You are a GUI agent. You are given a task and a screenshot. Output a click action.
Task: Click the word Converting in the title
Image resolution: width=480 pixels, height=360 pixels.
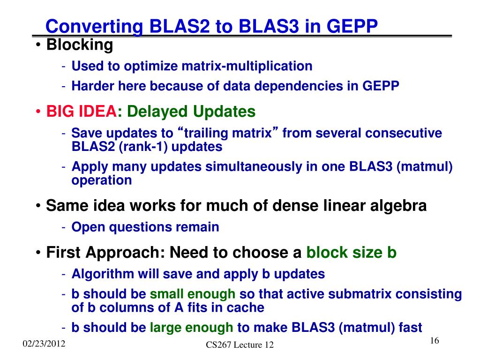coord(94,27)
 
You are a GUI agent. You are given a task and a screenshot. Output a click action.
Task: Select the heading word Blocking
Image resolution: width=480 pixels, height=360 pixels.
coord(80,45)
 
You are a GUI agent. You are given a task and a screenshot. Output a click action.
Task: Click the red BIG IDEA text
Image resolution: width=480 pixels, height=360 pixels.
coord(82,111)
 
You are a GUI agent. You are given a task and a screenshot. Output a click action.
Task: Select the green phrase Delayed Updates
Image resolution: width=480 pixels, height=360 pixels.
coord(191,112)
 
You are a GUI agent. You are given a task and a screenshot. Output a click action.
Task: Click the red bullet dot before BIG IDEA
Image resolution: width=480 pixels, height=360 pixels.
coord(38,112)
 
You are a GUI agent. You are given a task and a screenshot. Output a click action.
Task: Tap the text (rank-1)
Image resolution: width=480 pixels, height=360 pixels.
coord(143,147)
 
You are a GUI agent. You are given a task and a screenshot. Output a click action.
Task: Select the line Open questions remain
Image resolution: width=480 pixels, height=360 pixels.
coord(145,227)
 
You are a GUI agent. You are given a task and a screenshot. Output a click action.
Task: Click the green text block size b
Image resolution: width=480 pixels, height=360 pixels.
coord(352,253)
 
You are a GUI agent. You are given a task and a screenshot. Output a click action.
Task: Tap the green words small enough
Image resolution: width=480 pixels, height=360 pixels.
coord(193,294)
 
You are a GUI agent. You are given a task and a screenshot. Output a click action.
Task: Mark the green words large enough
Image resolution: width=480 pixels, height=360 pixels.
coord(191,328)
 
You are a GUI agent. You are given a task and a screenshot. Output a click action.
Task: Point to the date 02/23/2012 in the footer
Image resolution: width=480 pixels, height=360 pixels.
coord(44,344)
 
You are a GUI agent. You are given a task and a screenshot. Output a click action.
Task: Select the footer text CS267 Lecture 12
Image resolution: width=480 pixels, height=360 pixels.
coord(240,345)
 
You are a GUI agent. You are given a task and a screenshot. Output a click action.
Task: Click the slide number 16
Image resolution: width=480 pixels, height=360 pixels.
coord(435,341)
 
